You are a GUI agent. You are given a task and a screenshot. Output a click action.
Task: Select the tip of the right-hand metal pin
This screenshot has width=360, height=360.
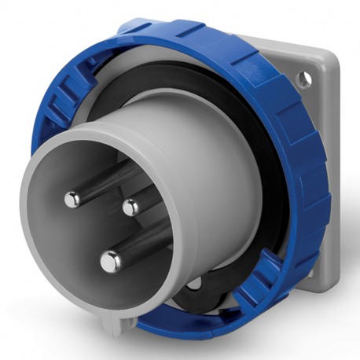(130, 208)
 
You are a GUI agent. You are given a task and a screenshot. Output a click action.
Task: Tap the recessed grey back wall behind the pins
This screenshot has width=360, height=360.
(102, 228)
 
